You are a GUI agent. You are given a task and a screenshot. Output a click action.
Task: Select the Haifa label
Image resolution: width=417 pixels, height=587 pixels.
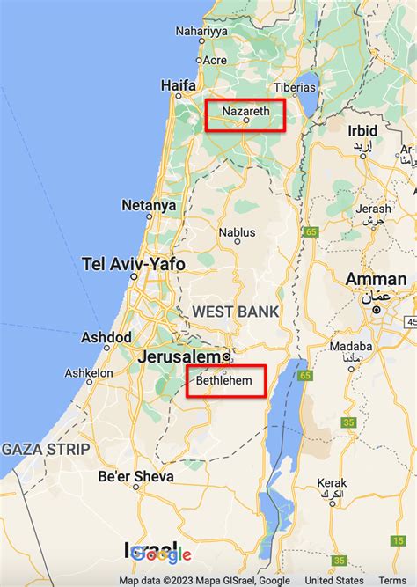click(179, 85)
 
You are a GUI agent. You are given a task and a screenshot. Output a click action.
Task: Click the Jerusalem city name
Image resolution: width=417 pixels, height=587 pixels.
click(180, 357)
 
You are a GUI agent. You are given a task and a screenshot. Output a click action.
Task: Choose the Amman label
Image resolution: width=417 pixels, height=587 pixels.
click(376, 279)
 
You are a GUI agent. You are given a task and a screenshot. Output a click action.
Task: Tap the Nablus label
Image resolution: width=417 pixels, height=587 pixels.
click(238, 233)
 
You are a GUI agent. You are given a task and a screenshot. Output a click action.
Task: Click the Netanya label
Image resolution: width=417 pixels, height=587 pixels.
click(149, 205)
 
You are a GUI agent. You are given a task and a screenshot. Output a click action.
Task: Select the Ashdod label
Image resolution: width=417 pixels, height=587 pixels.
click(106, 337)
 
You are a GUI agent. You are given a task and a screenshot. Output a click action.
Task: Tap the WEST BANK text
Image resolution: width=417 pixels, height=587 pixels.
click(235, 311)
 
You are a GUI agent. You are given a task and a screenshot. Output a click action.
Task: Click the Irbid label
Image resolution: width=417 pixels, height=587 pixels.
click(363, 130)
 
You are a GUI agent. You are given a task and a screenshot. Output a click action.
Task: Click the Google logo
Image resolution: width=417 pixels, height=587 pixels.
click(160, 554)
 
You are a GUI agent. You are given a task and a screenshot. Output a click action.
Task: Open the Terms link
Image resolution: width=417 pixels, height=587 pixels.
click(392, 580)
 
